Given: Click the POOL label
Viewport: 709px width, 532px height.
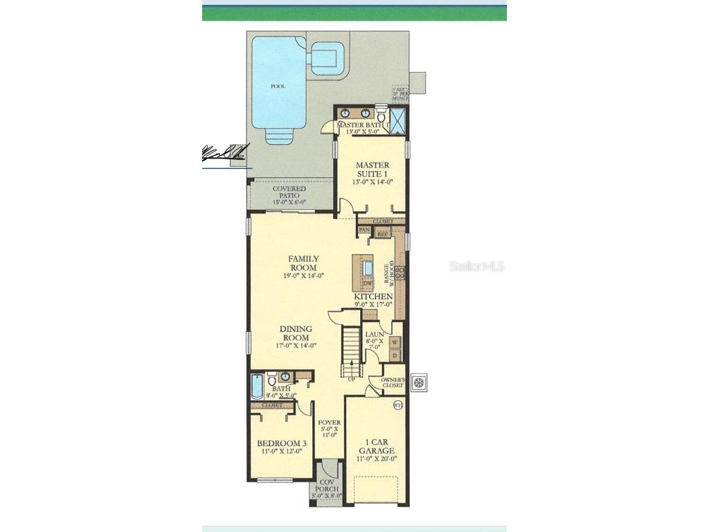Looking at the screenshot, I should click(x=278, y=87).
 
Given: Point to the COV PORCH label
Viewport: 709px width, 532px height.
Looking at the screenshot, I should click(x=327, y=489).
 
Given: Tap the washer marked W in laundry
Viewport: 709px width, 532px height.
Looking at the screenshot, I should click(x=394, y=342).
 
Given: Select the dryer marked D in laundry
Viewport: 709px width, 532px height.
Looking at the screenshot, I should click(x=394, y=356).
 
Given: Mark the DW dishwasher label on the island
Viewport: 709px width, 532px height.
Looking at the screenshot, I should click(x=368, y=283).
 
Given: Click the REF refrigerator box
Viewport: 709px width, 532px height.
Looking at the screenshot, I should click(x=382, y=234).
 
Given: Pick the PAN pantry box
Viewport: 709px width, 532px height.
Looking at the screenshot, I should click(x=364, y=229).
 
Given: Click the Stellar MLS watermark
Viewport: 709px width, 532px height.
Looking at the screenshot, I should click(x=477, y=266).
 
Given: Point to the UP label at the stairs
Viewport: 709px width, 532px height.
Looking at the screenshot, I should click(x=351, y=379).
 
